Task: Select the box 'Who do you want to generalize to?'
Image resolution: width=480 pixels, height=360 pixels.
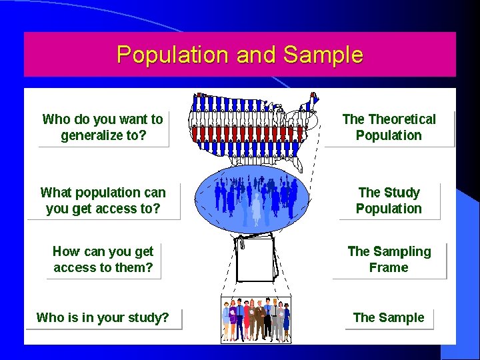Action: (x=103, y=128)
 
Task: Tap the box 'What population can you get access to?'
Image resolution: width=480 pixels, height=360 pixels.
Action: (x=103, y=201)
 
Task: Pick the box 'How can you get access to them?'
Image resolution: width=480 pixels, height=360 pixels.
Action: (x=103, y=259)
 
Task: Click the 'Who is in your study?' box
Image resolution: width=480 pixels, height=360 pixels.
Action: (x=103, y=317)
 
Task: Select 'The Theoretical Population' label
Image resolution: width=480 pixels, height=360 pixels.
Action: (x=389, y=127)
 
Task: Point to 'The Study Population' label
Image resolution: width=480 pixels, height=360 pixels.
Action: (x=389, y=201)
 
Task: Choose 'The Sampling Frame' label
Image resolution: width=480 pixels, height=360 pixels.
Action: (x=389, y=259)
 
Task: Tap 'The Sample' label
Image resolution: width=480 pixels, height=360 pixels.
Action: (x=389, y=317)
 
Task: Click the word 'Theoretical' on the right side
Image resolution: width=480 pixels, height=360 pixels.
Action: (x=402, y=119)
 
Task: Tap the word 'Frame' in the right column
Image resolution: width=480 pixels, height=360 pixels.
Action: (x=389, y=267)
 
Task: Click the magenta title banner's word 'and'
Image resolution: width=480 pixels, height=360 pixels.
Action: (x=257, y=55)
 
